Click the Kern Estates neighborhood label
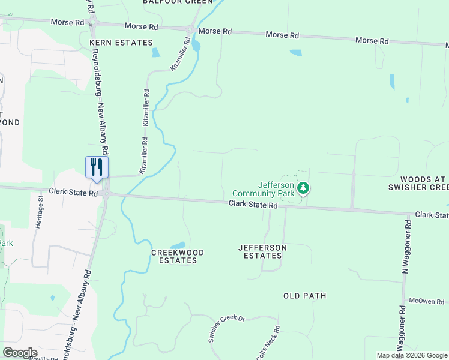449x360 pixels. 121,43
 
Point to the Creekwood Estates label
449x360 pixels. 178,256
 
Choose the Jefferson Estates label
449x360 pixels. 262,251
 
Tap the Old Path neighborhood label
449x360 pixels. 305,296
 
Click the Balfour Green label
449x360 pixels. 178,2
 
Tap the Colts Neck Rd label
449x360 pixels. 268,343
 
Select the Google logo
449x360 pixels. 20,353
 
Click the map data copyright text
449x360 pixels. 412,355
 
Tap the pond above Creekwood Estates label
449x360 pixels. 178,245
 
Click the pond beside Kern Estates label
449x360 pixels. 156,52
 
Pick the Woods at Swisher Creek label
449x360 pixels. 425,184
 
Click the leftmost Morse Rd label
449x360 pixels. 68,22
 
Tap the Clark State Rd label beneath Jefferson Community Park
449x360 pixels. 253,205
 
